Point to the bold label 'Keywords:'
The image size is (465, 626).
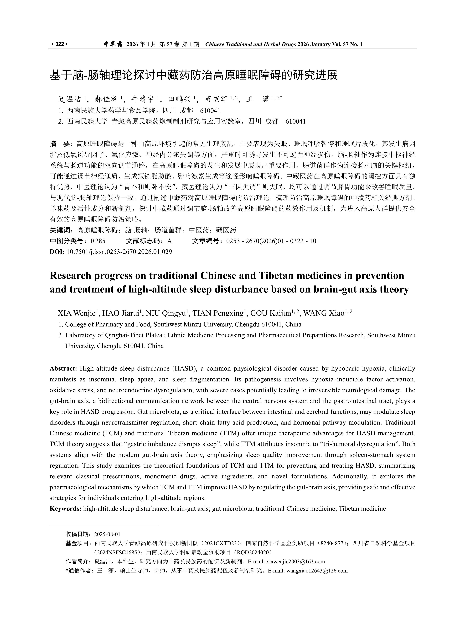pos(65,508)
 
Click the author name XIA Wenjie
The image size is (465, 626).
pos(77,313)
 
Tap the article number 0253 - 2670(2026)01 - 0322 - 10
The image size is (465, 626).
pos(271,241)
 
